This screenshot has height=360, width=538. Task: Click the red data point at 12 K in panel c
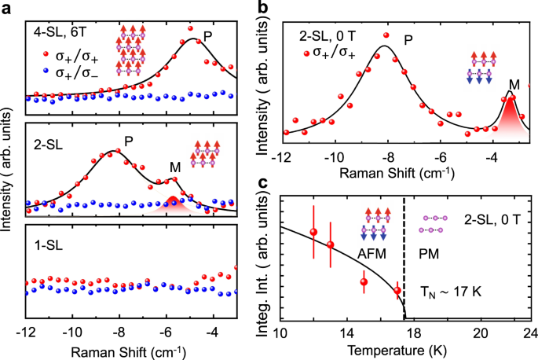[313, 232]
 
